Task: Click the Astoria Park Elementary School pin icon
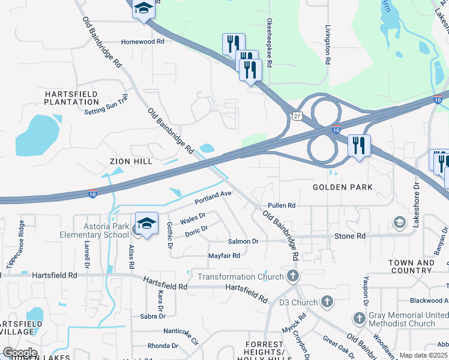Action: pyautogui.click(x=146, y=223)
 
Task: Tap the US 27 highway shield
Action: pyautogui.click(x=298, y=118)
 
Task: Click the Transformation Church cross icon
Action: pyautogui.click(x=292, y=277)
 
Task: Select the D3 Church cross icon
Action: pyautogui.click(x=327, y=301)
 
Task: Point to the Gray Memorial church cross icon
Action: pyautogui.click(x=359, y=317)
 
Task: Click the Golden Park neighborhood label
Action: pyautogui.click(x=343, y=187)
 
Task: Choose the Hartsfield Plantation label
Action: pyautogui.click(x=71, y=98)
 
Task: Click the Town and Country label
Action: pyautogui.click(x=411, y=266)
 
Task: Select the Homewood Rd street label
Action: pyautogui.click(x=142, y=42)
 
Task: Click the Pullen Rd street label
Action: pyautogui.click(x=282, y=205)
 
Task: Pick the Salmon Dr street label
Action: pyautogui.click(x=243, y=241)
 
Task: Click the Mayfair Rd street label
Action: pyautogui.click(x=224, y=256)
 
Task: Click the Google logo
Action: pyautogui.click(x=20, y=353)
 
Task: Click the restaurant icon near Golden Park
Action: pyautogui.click(x=359, y=146)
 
